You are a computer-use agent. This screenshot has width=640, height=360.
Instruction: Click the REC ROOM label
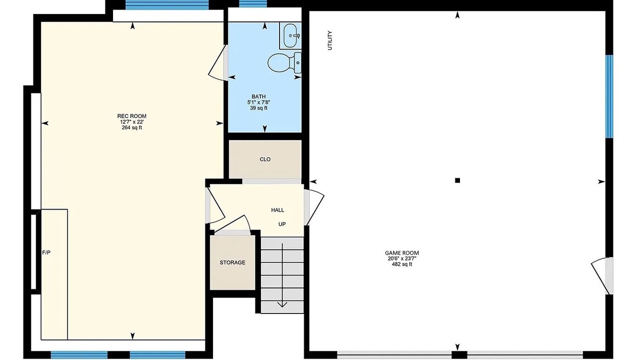tap(131, 116)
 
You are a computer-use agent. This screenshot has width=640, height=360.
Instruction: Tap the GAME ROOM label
tap(402, 253)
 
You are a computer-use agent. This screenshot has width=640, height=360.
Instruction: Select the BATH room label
tap(258, 96)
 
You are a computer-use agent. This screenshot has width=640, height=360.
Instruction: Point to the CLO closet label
tap(265, 159)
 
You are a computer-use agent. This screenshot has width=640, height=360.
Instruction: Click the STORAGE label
tap(232, 262)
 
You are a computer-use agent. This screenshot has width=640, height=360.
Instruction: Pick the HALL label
tap(277, 210)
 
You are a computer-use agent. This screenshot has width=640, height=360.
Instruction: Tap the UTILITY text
tap(330, 40)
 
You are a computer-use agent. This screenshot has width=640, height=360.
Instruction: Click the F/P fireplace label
tap(46, 252)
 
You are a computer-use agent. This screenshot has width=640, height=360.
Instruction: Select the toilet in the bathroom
tap(284, 62)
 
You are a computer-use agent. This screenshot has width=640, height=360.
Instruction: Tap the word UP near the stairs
tap(282, 224)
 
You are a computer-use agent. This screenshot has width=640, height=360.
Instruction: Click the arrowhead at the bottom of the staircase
tap(282, 304)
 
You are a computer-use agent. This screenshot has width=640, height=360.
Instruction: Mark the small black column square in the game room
tap(457, 180)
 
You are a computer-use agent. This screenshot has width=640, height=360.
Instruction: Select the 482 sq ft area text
tap(402, 264)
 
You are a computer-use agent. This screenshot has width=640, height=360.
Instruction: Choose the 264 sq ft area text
tap(131, 127)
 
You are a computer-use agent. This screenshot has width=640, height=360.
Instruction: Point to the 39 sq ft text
tap(258, 108)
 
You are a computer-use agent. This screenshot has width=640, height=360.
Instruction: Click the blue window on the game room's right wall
tap(609, 96)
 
